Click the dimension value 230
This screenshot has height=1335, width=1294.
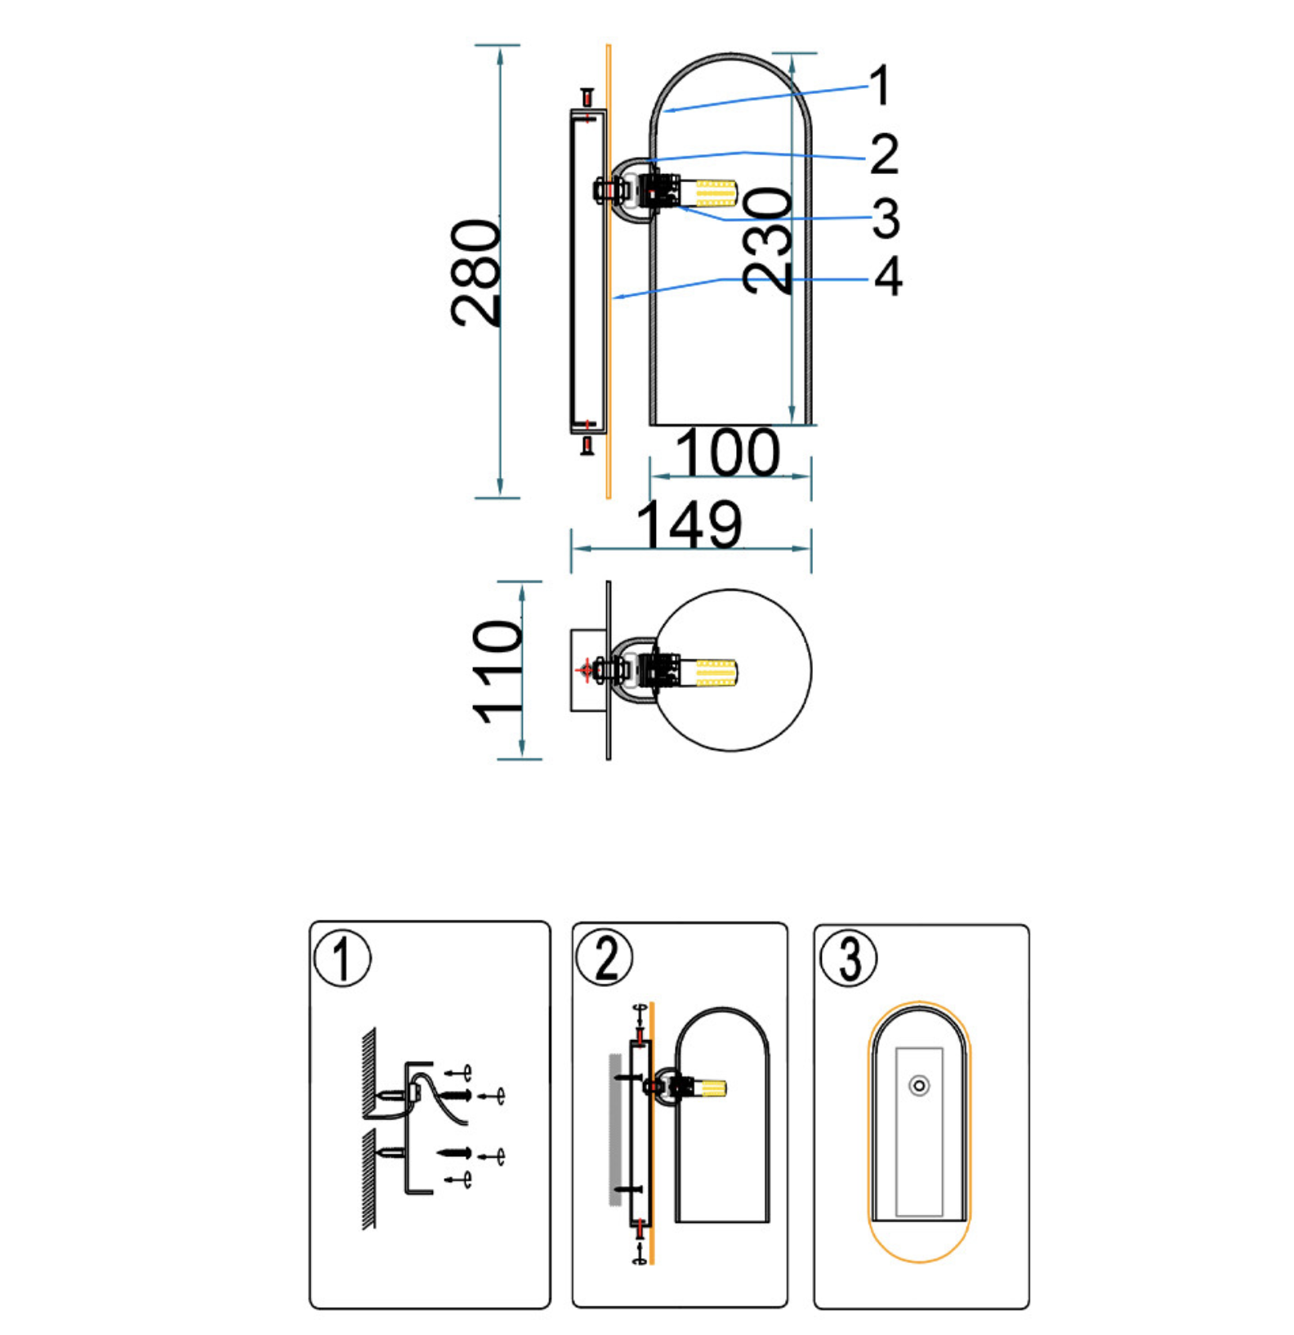tap(767, 240)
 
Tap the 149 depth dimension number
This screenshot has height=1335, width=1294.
tap(689, 525)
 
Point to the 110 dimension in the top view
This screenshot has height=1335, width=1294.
tap(497, 672)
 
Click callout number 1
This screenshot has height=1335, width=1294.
tap(879, 86)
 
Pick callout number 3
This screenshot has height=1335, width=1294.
tap(886, 218)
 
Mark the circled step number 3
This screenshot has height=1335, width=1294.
tap(848, 957)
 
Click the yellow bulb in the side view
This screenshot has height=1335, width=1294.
tap(716, 193)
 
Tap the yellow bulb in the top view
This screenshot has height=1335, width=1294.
tap(716, 672)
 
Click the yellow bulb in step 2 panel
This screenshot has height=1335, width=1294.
tap(712, 1088)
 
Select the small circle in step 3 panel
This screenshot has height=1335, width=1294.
tap(920, 1086)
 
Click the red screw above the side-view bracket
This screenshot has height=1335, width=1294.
tap(587, 98)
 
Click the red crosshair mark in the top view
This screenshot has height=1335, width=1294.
tap(585, 670)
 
